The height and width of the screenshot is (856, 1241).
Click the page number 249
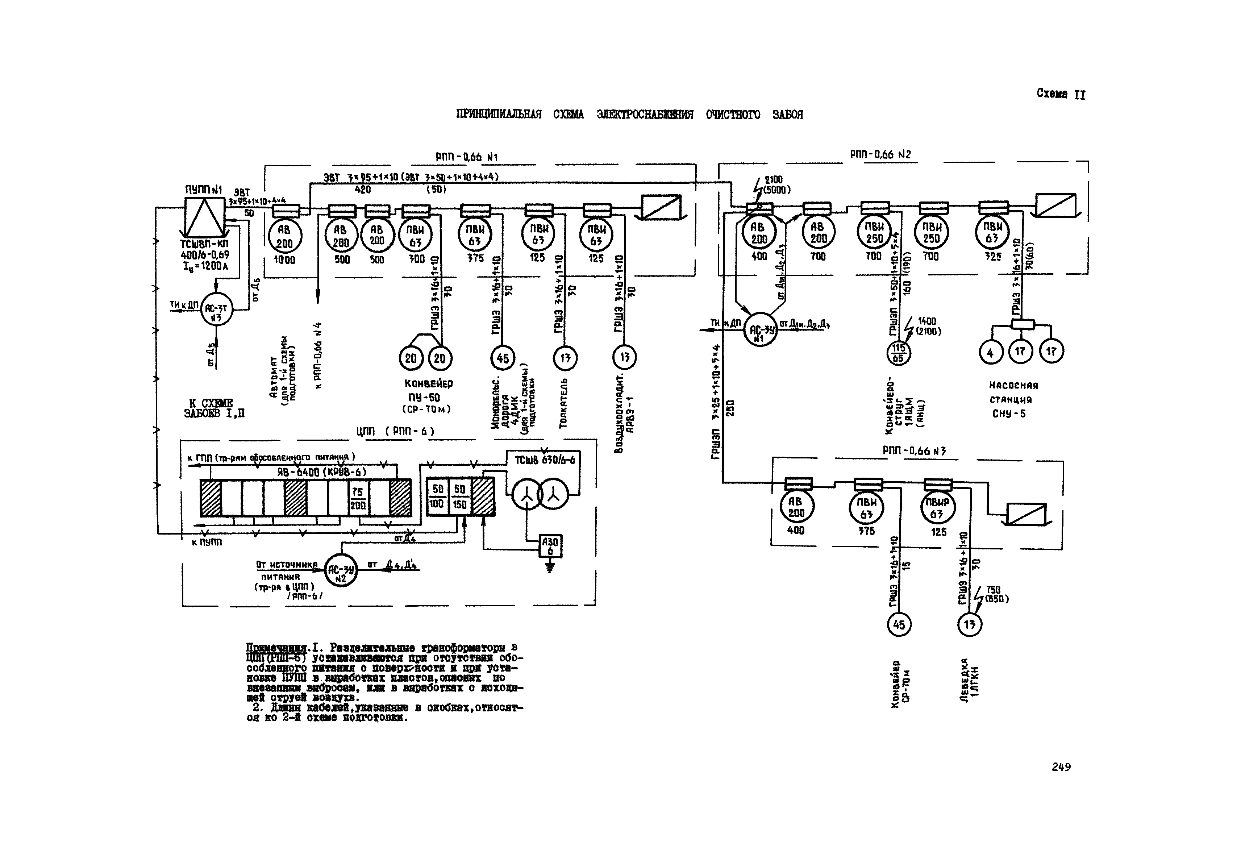pos(1061,767)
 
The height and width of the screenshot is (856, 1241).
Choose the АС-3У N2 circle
pos(341,570)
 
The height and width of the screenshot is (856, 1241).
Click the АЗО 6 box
pos(550,547)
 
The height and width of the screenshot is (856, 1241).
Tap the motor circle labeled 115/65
pos(898,353)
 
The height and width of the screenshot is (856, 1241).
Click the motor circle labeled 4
pos(990,352)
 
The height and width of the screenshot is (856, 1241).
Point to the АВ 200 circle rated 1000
pos(285,237)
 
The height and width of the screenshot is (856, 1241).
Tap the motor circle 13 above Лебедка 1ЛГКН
pos(969,625)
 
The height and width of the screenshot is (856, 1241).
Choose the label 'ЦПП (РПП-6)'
pos(395,431)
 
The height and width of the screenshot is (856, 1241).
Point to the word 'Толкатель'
pos(563,403)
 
